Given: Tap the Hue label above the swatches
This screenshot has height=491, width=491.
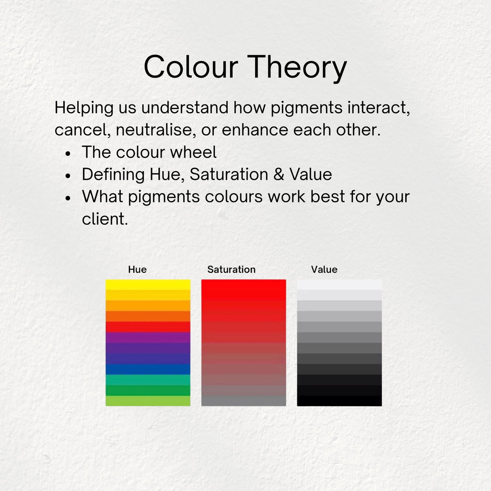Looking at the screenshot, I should tap(137, 269).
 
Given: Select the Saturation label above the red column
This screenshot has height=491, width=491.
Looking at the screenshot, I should tap(231, 269).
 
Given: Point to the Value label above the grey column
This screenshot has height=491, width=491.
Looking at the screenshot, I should tap(324, 269).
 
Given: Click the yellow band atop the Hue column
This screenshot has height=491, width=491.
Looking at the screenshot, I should tap(148, 284).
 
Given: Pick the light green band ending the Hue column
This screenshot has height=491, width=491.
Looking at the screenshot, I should tap(148, 401).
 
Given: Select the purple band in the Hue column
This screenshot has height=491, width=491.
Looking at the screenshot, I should tap(148, 337).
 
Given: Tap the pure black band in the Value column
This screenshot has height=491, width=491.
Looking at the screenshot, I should tap(339, 401).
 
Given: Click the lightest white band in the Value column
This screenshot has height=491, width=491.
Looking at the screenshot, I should tap(339, 284).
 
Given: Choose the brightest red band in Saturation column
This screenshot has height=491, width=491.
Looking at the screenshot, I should tap(243, 284).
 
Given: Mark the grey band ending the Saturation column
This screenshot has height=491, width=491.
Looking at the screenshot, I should tap(243, 401).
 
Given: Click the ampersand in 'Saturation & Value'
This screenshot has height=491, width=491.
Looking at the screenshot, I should tap(279, 175).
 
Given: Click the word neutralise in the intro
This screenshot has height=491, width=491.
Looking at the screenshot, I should tap(159, 130).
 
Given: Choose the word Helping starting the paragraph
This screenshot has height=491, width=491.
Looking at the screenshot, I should tap(83, 108).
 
